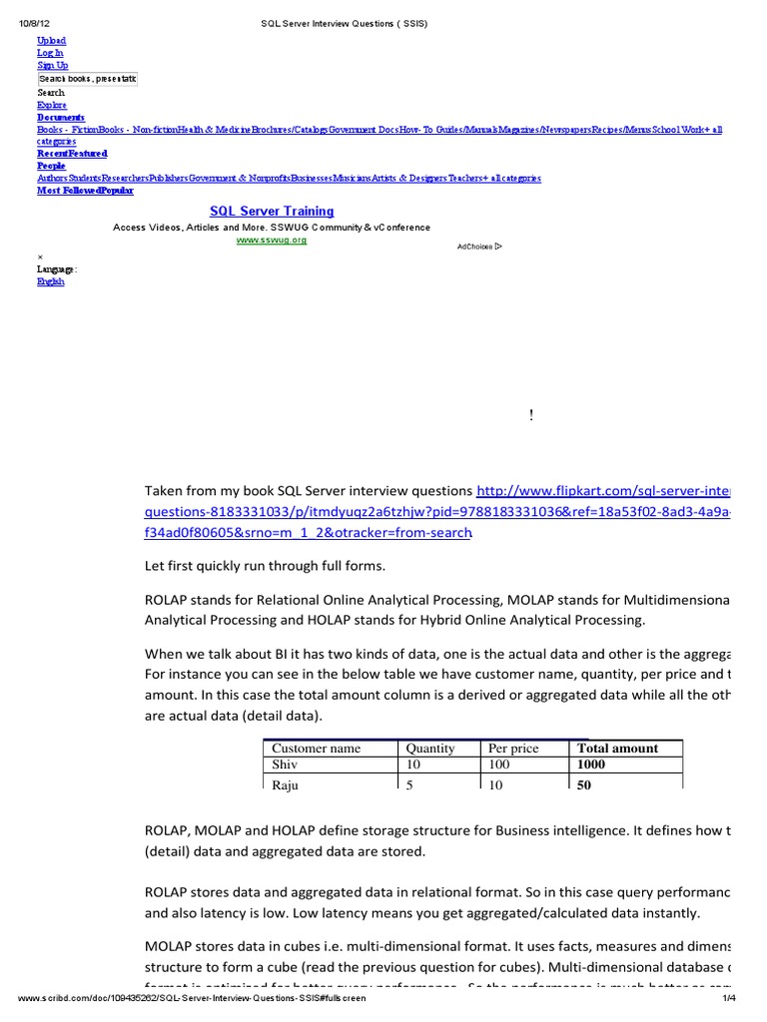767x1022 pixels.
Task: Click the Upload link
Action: [x=51, y=41]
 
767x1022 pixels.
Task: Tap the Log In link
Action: [x=50, y=53]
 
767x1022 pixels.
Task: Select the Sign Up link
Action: [x=52, y=65]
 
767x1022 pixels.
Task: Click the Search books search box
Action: [x=87, y=78]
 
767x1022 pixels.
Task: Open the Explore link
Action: [x=52, y=105]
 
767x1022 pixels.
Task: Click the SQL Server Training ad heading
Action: [x=272, y=212]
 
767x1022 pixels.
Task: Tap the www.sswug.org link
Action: [x=271, y=240]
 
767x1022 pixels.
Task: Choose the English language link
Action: [x=51, y=281]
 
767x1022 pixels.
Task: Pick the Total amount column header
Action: [x=617, y=749]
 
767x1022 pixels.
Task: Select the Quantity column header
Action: [x=429, y=749]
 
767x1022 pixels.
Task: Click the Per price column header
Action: [x=512, y=749]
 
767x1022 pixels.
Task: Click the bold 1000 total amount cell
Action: [x=591, y=765]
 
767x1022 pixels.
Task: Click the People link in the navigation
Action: [x=51, y=166]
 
